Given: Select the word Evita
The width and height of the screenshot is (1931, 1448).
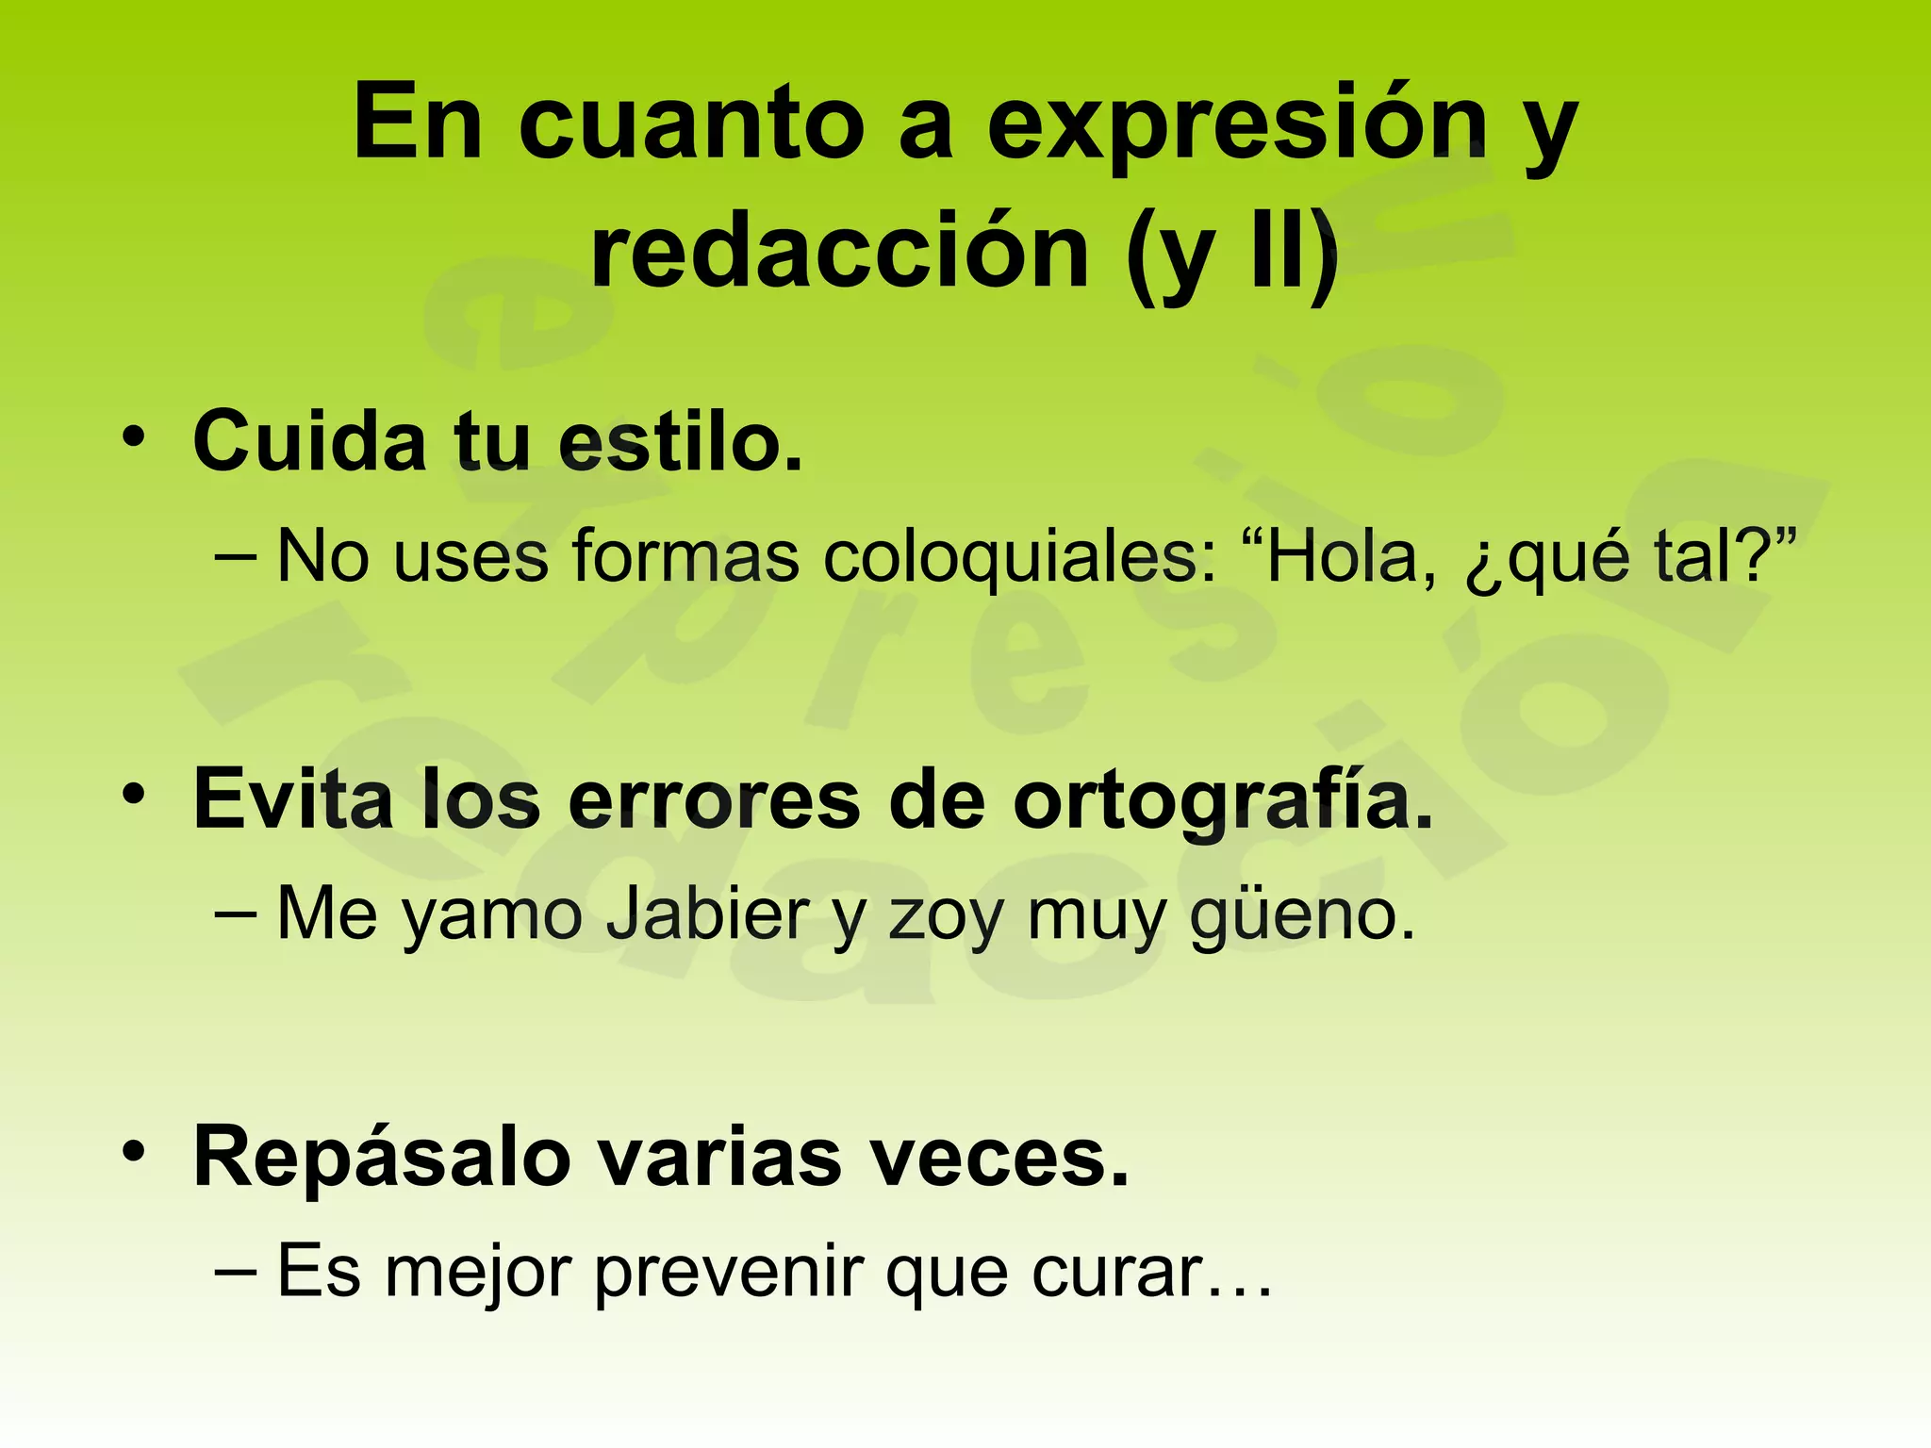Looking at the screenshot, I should point(293,799).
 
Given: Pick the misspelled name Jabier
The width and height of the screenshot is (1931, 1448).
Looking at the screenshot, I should point(706,914).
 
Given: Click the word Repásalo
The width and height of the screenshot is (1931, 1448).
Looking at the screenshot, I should point(383,1158).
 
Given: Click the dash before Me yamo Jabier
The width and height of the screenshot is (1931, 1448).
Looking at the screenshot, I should point(236,913).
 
